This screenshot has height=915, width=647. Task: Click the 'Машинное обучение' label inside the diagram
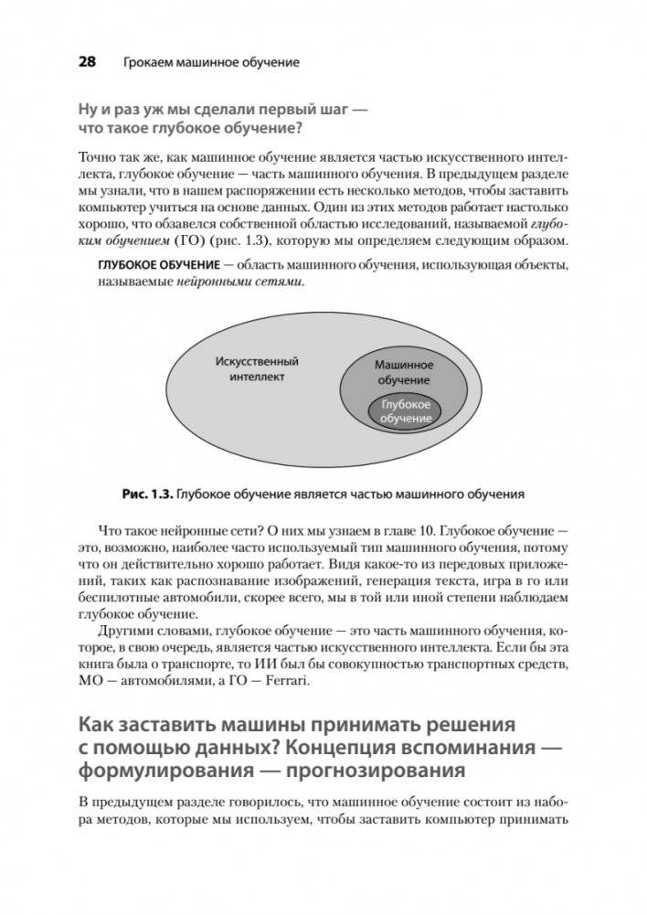tap(404, 372)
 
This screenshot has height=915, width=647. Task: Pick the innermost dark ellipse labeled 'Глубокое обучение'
tap(405, 410)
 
